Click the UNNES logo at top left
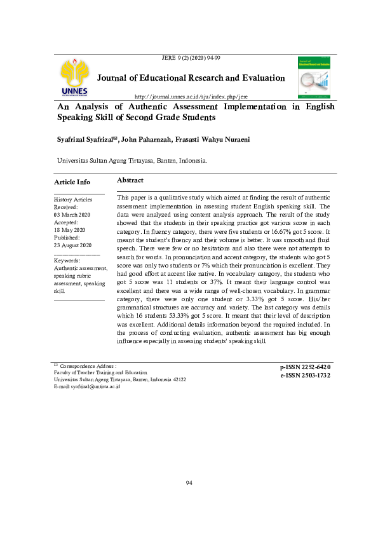click(75, 79)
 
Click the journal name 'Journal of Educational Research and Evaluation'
click(191, 78)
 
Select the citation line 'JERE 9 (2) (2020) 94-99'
click(192, 58)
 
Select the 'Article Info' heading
click(72, 182)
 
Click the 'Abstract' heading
click(130, 181)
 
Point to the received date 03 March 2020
click(73, 215)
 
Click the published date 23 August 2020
click(73, 245)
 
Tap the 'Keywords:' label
click(67, 261)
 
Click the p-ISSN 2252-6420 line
click(305, 367)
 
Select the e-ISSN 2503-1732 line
click(305, 376)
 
